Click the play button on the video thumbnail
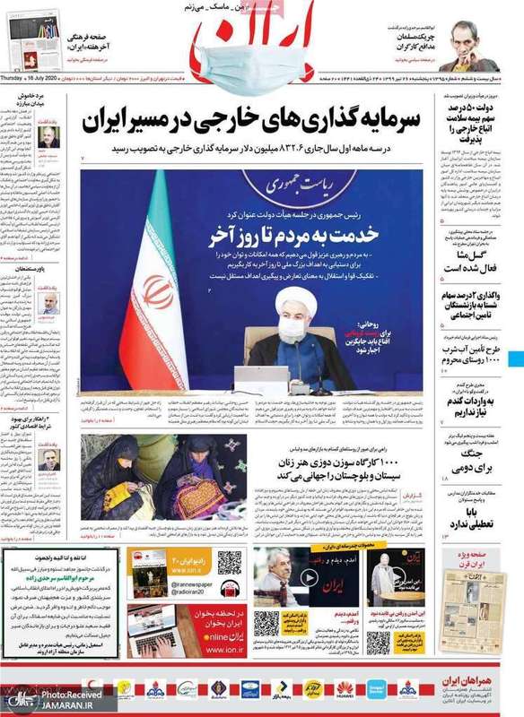click(307, 578)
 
